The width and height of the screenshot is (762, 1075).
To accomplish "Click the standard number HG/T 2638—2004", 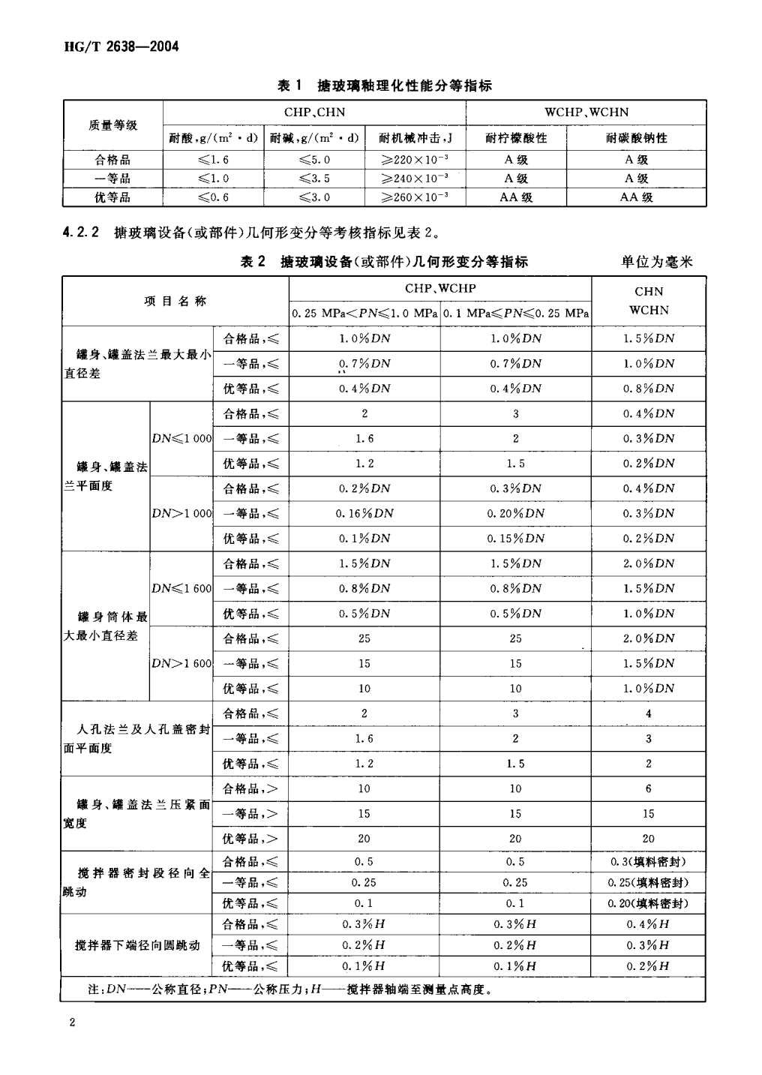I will (122, 47).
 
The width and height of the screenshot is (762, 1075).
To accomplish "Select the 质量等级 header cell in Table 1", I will (112, 125).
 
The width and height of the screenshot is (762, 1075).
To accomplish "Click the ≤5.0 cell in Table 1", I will (314, 160).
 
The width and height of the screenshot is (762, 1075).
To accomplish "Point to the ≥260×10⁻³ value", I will (415, 197).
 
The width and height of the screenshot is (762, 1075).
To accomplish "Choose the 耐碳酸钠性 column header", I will (636, 138).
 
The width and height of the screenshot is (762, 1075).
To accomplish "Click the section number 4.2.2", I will (82, 232).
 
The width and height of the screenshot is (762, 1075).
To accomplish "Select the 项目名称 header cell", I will (175, 301).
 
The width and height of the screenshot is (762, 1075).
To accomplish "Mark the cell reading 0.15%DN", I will (516, 539).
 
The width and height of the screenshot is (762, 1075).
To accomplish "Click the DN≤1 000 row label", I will (182, 439).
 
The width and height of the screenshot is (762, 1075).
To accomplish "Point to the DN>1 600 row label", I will (182, 664).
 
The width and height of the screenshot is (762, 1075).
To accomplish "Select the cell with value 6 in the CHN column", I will (649, 789).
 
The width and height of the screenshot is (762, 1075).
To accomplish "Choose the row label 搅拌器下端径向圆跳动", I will (137, 945).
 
